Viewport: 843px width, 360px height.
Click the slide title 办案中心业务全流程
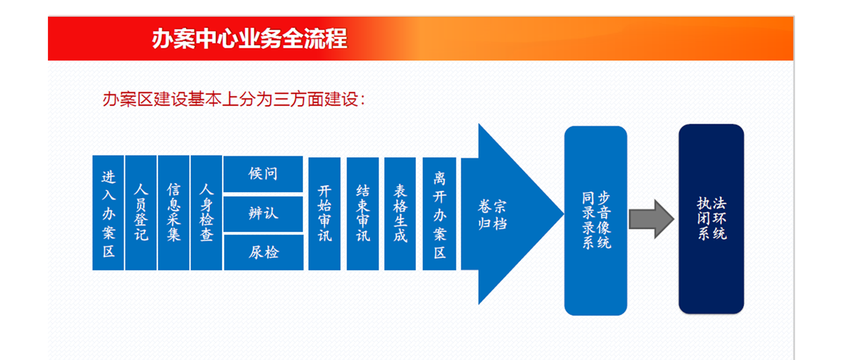pyautogui.click(x=249, y=39)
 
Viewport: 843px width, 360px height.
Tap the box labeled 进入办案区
pyautogui.click(x=108, y=213)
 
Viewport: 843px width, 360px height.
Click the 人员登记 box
pyautogui.click(x=141, y=213)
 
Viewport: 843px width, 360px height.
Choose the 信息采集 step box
pyautogui.click(x=174, y=213)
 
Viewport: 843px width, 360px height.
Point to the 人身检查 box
pyautogui.click(x=206, y=213)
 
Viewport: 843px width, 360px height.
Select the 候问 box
pyautogui.click(x=263, y=174)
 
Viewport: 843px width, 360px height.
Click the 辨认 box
pyautogui.click(x=263, y=214)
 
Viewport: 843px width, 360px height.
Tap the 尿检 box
pyautogui.click(x=263, y=253)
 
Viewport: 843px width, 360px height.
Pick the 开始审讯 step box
pyautogui.click(x=324, y=214)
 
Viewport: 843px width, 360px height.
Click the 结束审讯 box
pyautogui.click(x=362, y=214)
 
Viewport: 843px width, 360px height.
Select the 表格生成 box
pyautogui.click(x=400, y=214)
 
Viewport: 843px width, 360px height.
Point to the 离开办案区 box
pyautogui.click(x=439, y=214)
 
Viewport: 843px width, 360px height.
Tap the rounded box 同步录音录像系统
pyautogui.click(x=596, y=221)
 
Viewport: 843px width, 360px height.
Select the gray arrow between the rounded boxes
pyautogui.click(x=652, y=219)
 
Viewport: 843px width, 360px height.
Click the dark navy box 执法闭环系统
pyautogui.click(x=712, y=219)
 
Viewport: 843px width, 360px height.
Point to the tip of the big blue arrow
pyautogui.click(x=564, y=214)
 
